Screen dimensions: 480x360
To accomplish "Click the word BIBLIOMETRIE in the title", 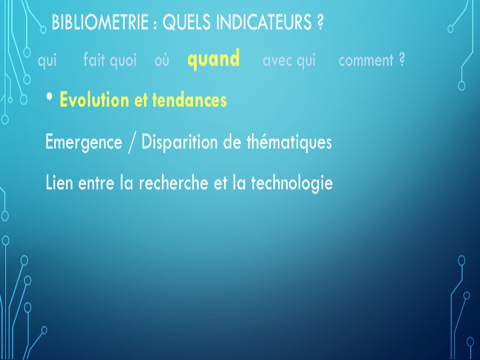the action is point(100,22).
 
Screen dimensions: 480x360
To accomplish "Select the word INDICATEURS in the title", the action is point(264,22).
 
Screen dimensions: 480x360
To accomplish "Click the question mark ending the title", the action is point(319,22).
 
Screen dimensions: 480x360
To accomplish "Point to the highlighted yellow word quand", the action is point(213,59).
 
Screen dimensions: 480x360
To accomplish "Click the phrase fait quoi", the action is point(110,60).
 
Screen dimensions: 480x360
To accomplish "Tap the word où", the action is point(161,61).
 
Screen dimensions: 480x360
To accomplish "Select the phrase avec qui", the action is point(289,61).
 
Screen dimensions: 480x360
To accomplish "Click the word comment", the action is point(366,61).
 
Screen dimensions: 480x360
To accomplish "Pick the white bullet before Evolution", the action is point(49,97).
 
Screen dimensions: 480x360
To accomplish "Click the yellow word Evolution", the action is point(94,100).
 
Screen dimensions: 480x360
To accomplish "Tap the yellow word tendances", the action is point(189,100).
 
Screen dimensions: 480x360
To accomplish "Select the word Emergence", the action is point(83,143).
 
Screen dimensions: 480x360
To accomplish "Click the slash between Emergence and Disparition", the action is point(131,143).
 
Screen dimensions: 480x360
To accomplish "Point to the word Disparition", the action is point(179,143).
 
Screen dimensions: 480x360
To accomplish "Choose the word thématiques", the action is point(289,143).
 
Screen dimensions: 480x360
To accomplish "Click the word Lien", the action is point(59,183).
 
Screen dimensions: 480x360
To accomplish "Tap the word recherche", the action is point(173,183).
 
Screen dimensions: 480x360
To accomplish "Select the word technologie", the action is point(292,183).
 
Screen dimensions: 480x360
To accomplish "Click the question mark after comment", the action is point(402,59).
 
